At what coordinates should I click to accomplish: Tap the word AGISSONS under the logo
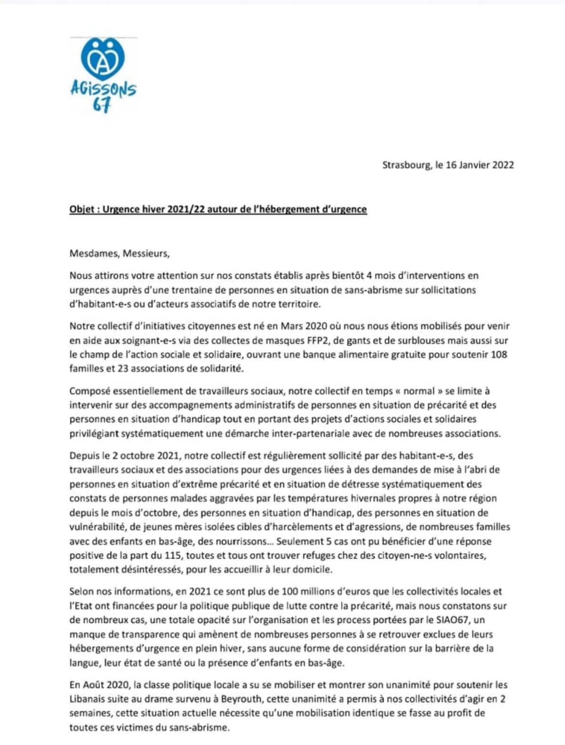[103, 89]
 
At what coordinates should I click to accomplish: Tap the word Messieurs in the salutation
[145, 254]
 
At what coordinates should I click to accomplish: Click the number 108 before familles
[498, 354]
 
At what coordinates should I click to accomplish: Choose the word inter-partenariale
[309, 433]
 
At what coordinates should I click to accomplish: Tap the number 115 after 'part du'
[173, 556]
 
